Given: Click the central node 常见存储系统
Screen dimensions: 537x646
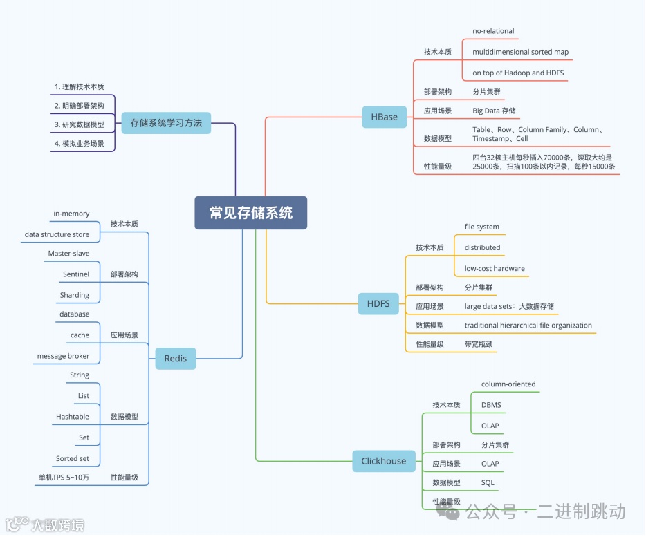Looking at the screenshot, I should pos(250,213).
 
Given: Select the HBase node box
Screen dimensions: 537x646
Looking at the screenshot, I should pos(385,117).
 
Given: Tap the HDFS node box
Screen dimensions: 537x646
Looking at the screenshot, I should pos(378,303).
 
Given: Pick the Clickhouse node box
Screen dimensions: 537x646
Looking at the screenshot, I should pos(384,461).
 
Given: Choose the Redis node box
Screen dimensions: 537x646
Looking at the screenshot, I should pos(176,358).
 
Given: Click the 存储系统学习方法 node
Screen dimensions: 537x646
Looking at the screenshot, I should pos(166,123).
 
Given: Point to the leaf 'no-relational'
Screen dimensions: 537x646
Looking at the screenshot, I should pos(493,31).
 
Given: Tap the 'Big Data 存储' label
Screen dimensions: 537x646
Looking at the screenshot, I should pos(494,111).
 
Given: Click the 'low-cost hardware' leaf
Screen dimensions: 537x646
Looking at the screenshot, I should pos(495,268).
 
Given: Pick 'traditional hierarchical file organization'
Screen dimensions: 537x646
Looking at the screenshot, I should pos(528,325).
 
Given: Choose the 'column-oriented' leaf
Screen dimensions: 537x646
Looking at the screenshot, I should pos(508,384).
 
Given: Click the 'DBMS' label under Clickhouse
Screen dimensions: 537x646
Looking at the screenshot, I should pos(491,405).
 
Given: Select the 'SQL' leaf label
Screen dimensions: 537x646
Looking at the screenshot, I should pos(488,482).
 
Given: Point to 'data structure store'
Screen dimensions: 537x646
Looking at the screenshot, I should pos(57,234).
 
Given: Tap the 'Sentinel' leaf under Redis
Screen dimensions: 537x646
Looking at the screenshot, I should pos(76,274).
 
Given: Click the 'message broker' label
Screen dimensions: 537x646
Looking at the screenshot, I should pos(63,356).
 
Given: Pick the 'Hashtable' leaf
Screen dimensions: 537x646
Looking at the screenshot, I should pos(73,417).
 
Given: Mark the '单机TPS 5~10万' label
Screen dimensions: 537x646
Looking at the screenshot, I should pos(64,477).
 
